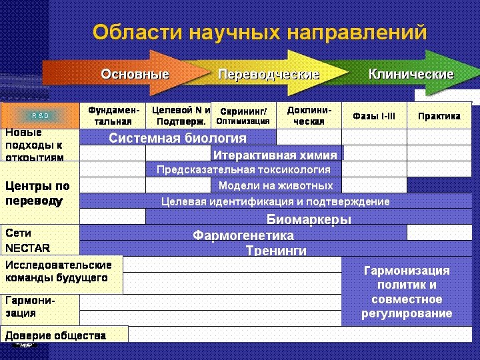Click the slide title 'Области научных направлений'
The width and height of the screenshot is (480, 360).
coord(259,32)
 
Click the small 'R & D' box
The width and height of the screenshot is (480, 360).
coord(41,116)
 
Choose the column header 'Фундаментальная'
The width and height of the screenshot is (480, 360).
coord(113,115)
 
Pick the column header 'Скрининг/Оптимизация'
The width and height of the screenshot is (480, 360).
coord(243,115)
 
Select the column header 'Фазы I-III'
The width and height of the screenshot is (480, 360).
coord(374,115)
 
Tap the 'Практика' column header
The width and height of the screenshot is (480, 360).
coord(439,115)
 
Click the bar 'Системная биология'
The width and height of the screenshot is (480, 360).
coord(177,138)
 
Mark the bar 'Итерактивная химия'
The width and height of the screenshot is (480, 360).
coord(275,155)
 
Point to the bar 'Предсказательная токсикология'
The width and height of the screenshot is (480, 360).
coord(243,170)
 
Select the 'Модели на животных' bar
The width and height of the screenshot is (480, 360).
coord(275,185)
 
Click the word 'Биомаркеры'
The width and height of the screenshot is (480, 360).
coord(309,218)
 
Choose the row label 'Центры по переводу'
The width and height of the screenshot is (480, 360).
coord(37,193)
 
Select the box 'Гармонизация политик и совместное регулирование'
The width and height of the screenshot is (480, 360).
coord(407,292)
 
